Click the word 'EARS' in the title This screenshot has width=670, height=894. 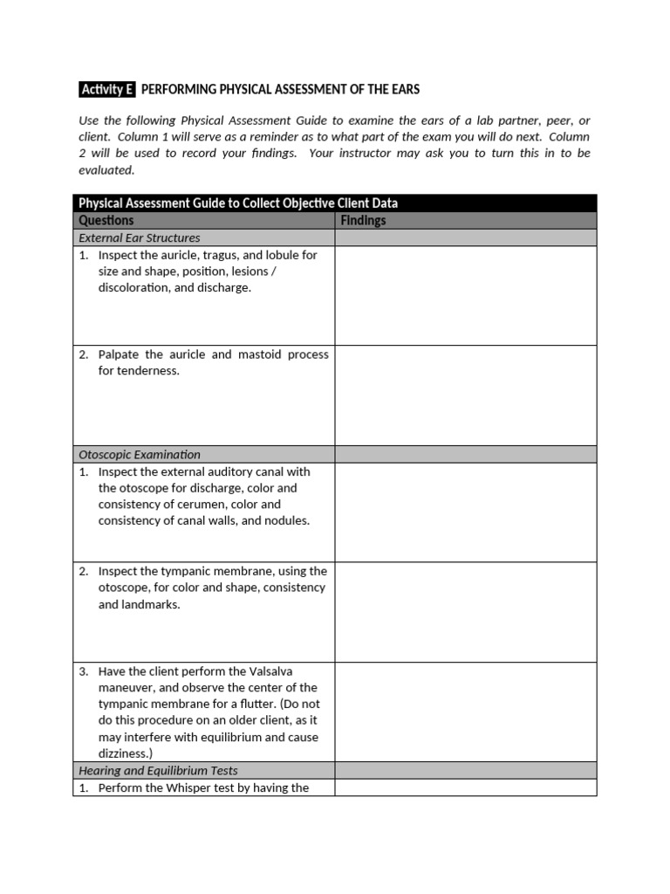coord(400,89)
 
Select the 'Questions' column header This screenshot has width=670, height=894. coord(106,221)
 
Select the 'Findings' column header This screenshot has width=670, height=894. coord(363,221)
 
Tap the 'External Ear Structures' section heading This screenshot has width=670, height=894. coord(140,237)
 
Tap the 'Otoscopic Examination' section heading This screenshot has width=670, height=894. coord(140,454)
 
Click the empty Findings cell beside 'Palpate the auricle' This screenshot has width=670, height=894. coord(466,395)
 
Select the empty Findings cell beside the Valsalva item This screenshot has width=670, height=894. coord(466,712)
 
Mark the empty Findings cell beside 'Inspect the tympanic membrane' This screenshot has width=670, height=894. coord(466,612)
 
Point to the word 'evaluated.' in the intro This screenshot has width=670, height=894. coord(106,169)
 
